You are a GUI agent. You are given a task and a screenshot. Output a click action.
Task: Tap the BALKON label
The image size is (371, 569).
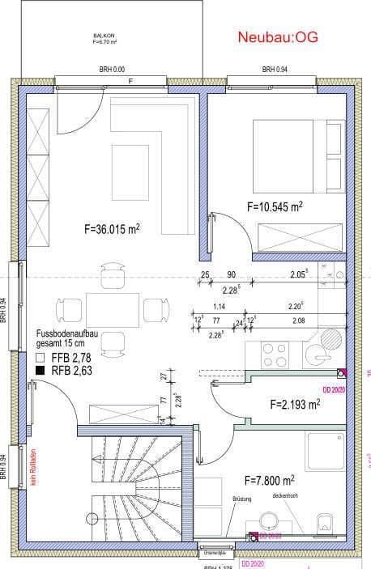click(x=104, y=37)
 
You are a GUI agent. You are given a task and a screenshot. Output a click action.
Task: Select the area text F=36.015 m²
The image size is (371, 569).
click(x=113, y=229)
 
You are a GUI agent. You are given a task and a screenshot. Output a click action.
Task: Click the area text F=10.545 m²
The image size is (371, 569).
click(x=275, y=207)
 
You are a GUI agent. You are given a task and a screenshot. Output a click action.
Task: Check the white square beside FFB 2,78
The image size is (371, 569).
click(x=41, y=357)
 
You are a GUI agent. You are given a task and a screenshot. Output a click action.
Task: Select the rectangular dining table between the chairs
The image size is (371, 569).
click(x=112, y=309)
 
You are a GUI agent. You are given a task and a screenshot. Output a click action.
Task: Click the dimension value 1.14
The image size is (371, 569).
click(x=218, y=307)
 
